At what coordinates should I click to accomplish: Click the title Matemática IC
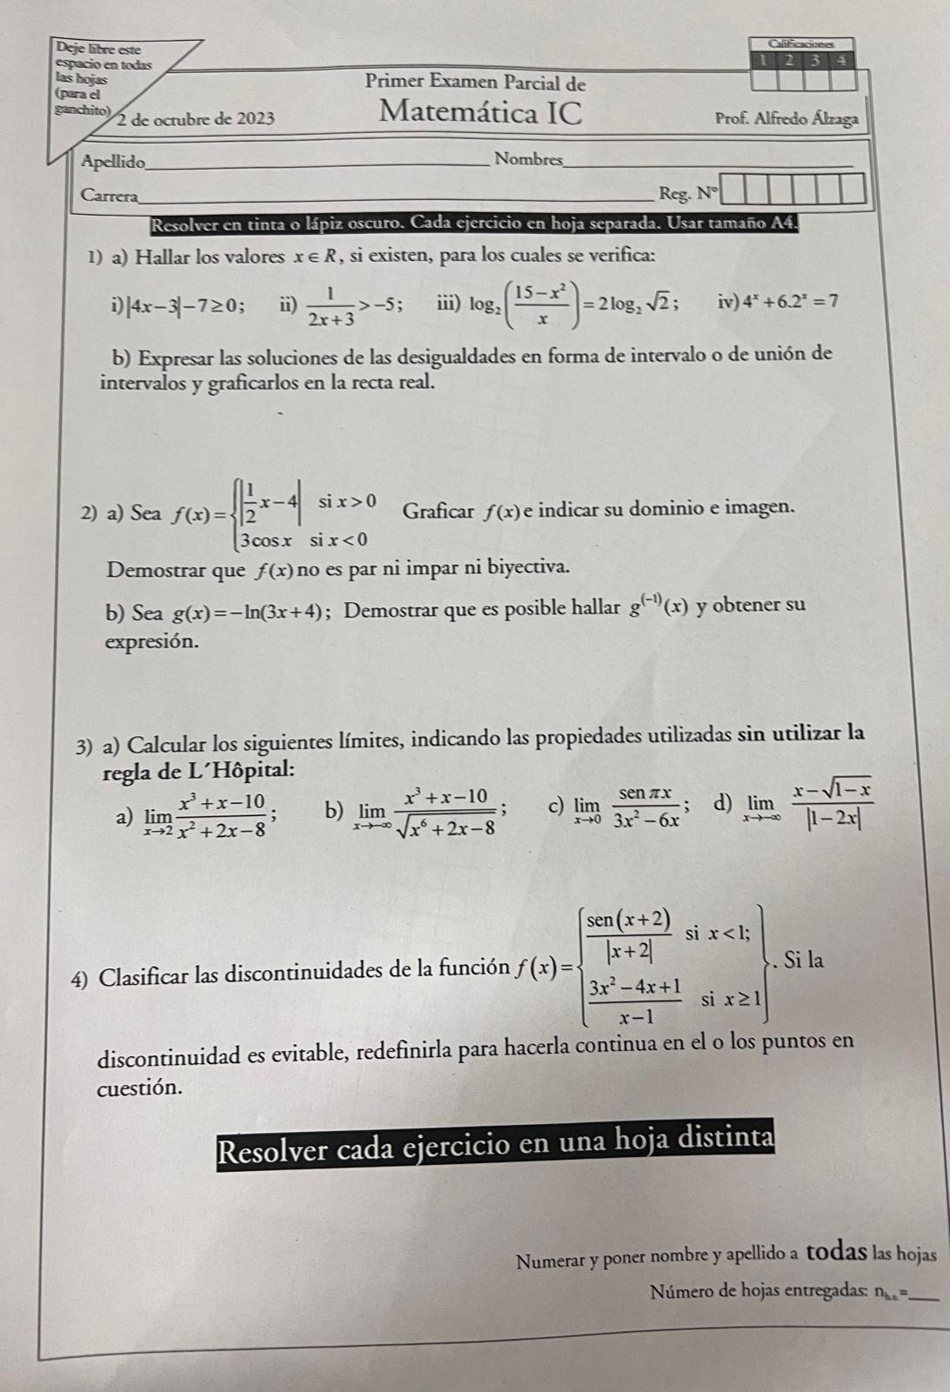481,113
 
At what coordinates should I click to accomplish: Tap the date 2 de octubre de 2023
196,118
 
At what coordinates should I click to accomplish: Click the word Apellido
112,161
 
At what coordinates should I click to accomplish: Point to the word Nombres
527,159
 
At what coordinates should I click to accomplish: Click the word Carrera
108,195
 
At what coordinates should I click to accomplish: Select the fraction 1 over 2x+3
331,306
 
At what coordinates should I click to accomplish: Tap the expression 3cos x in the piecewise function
271,539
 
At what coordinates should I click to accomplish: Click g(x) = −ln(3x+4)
249,612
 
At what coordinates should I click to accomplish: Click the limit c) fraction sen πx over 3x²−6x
648,807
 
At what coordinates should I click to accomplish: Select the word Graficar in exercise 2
439,510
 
